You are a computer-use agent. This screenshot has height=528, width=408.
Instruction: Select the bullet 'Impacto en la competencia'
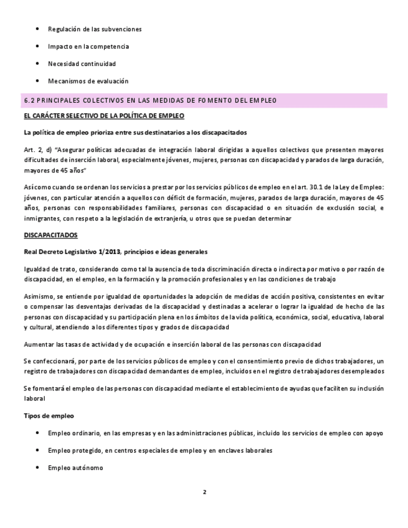(x=88, y=46)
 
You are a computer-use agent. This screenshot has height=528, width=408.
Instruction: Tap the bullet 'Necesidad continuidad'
(x=82, y=64)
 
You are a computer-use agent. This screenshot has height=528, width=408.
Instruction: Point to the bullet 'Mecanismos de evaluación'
(x=88, y=81)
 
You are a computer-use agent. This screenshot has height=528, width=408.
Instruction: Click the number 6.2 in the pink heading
(x=30, y=100)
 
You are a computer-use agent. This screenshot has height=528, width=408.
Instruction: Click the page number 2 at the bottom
(x=204, y=491)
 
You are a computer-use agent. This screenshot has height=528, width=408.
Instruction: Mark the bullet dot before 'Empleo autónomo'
(x=39, y=468)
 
